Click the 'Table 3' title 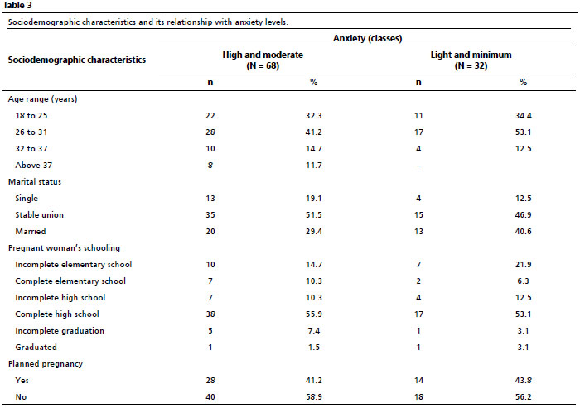(x=17, y=5)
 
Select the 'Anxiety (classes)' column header (x=367, y=38)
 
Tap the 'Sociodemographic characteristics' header (x=77, y=60)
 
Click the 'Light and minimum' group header (x=471, y=55)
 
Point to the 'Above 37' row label (x=34, y=166)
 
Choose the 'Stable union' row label (x=39, y=214)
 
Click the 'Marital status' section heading (x=35, y=182)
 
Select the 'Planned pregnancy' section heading (x=46, y=364)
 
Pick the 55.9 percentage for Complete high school (x=314, y=314)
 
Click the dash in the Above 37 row (x=418, y=166)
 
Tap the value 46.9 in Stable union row (x=523, y=214)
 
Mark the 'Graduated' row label (x=36, y=348)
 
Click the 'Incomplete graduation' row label (x=60, y=331)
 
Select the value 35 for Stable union (x=210, y=214)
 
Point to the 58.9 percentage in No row (x=314, y=397)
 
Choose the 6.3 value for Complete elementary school (x=523, y=281)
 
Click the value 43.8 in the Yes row (x=523, y=381)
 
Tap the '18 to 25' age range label (x=31, y=116)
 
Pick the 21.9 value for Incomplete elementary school (x=523, y=265)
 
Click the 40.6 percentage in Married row (x=523, y=232)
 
